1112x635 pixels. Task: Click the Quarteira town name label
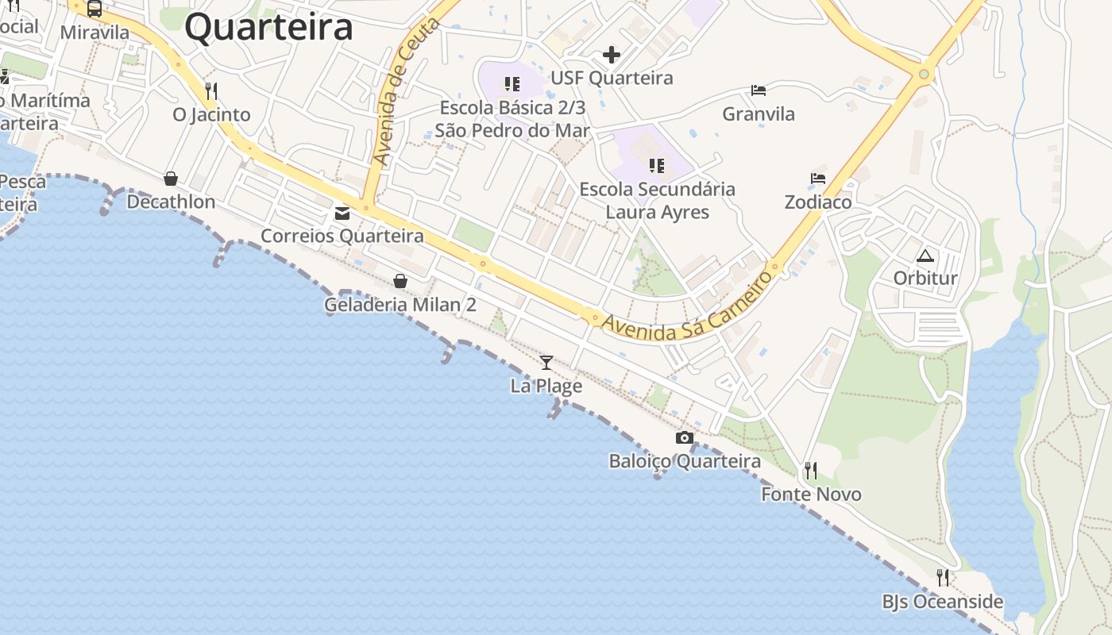click(x=268, y=27)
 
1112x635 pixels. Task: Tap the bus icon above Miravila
click(x=95, y=10)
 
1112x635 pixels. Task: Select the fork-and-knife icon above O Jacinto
click(x=210, y=90)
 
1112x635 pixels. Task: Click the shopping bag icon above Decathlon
click(x=171, y=179)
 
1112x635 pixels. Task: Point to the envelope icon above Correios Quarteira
click(x=342, y=213)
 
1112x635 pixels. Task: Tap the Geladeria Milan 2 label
click(x=400, y=305)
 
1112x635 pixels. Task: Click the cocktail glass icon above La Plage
click(x=546, y=363)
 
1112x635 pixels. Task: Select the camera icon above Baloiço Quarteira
click(x=685, y=437)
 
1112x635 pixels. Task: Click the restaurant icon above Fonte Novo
click(x=810, y=471)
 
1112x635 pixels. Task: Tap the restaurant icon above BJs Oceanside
click(x=943, y=577)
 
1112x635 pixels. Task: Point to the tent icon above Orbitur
click(x=925, y=256)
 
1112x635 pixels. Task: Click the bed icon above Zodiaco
click(x=818, y=179)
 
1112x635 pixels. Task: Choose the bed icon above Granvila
click(x=759, y=90)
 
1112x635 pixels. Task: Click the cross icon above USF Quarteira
click(x=612, y=55)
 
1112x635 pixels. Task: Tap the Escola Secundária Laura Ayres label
click(x=658, y=201)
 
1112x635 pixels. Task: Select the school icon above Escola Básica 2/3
click(x=512, y=83)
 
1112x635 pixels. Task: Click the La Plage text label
click(x=546, y=387)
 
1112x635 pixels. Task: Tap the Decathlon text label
click(x=171, y=202)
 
